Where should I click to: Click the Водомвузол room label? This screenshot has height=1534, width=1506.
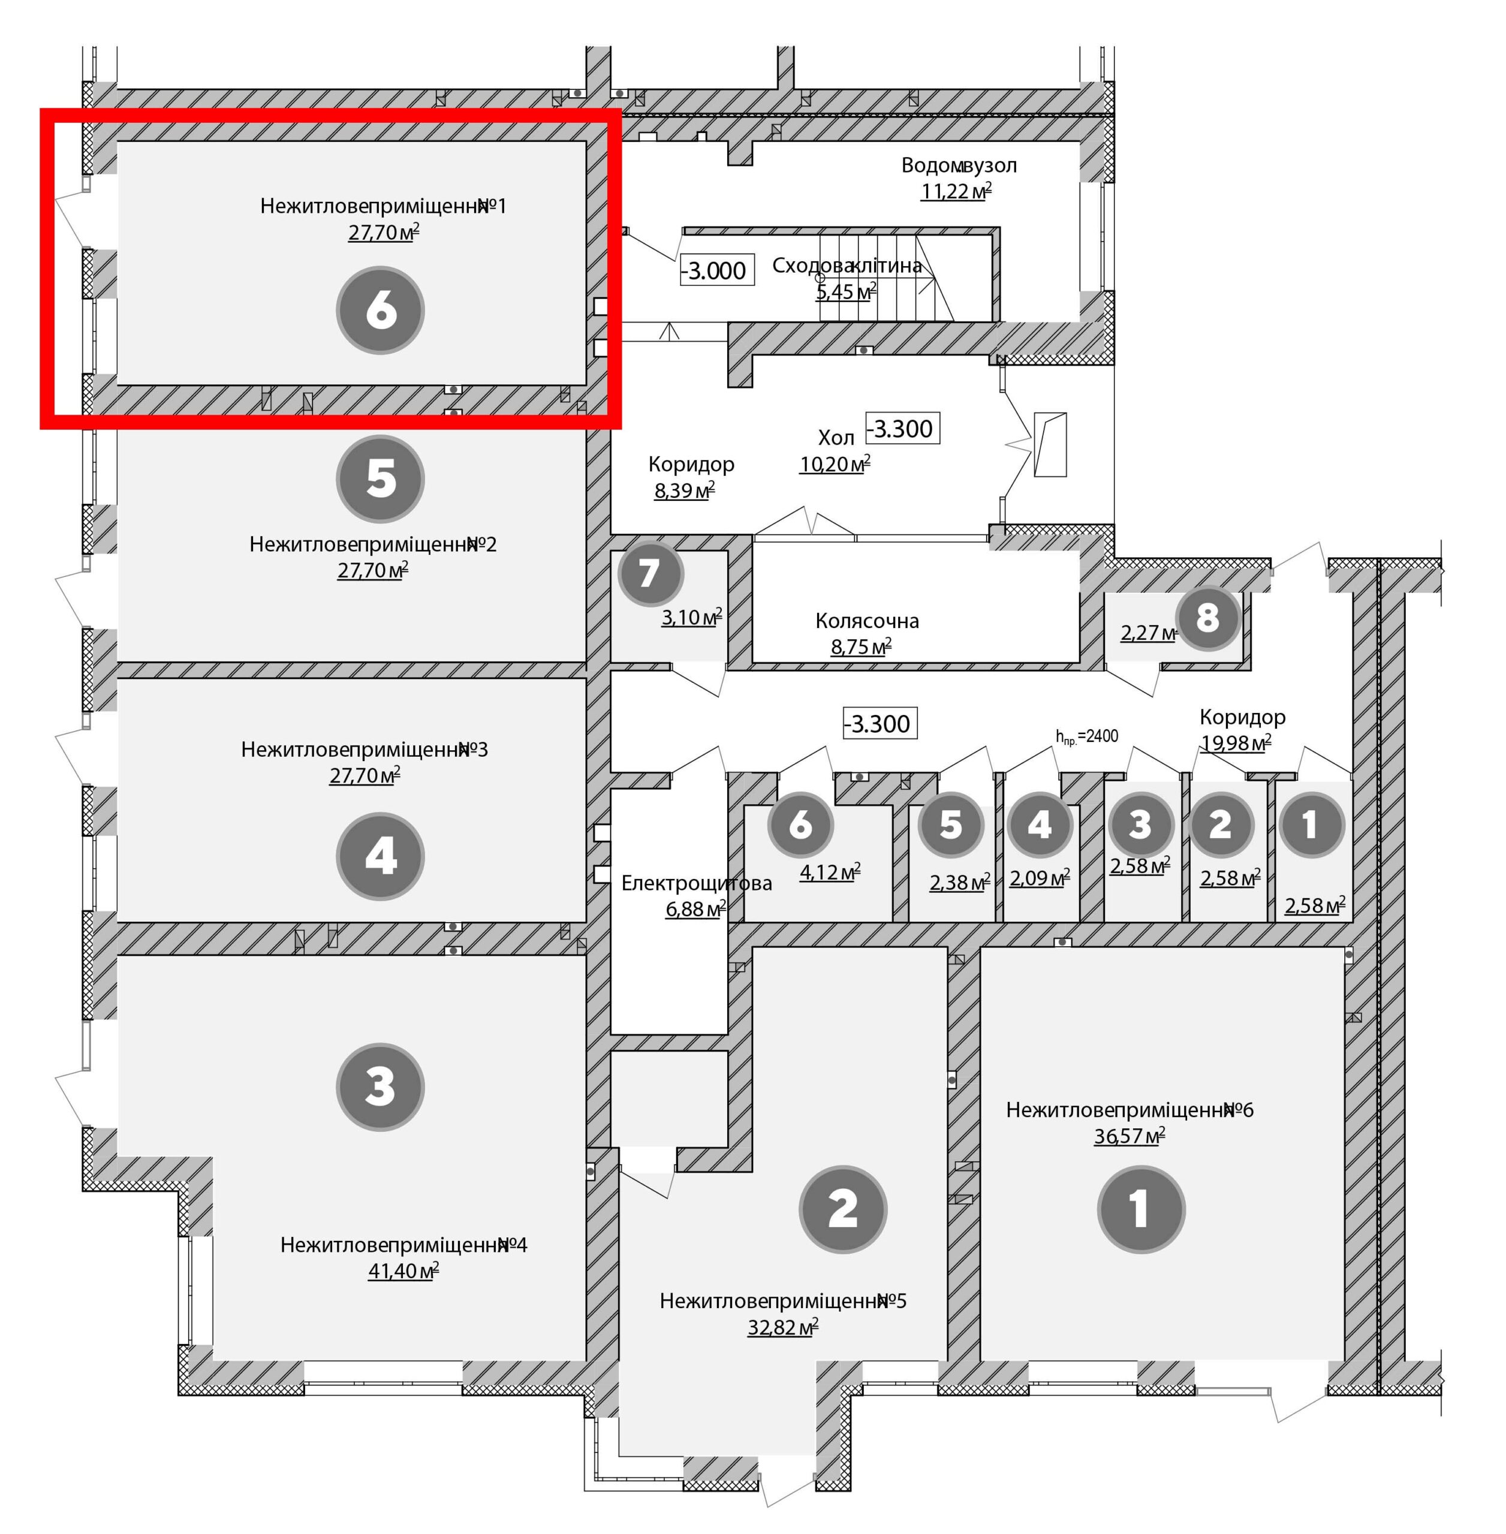click(x=959, y=166)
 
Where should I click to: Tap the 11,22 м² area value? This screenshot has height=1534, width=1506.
click(x=956, y=191)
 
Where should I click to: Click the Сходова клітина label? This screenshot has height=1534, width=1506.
click(x=847, y=265)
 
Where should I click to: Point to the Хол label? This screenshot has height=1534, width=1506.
click(x=836, y=438)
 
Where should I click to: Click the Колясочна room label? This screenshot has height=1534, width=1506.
click(x=867, y=621)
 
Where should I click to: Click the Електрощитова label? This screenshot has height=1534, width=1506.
click(x=697, y=883)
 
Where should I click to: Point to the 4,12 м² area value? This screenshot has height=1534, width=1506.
click(x=830, y=872)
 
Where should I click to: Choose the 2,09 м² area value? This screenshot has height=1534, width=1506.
click(x=1040, y=878)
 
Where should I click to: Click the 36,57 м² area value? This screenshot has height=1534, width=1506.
click(x=1129, y=1136)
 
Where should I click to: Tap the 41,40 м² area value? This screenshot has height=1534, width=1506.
click(x=403, y=1272)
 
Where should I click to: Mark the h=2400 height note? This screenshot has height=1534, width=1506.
click(x=1087, y=737)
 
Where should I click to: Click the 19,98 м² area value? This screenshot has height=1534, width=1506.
click(x=1236, y=743)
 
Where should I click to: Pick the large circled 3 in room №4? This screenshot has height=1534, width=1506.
click(x=381, y=1086)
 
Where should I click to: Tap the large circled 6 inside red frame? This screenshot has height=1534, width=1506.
click(x=381, y=310)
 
